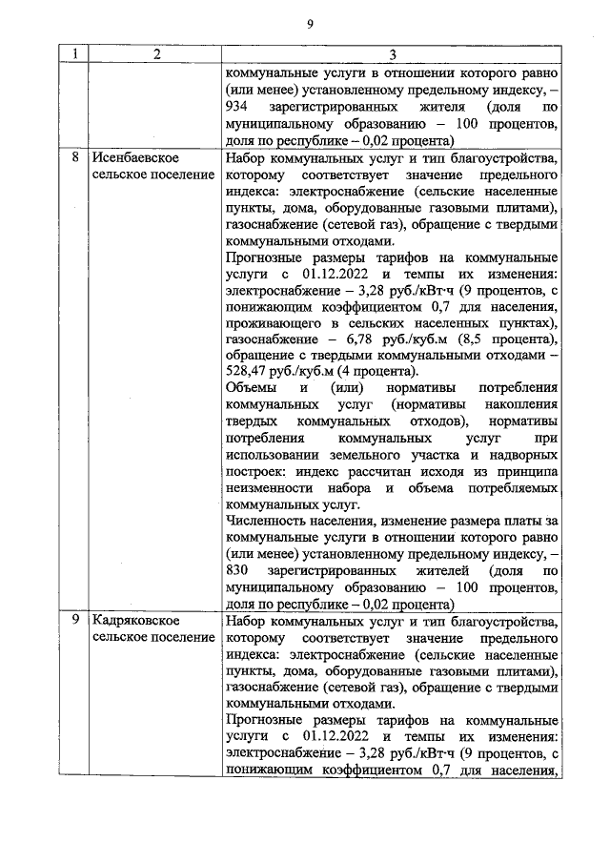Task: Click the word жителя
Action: coord(435,106)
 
